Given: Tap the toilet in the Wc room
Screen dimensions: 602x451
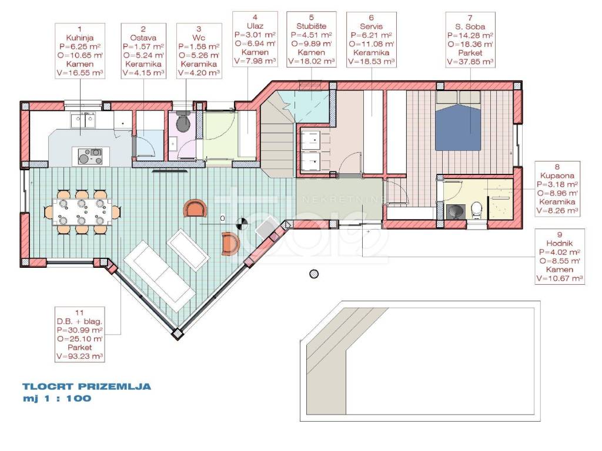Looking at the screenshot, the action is click(183, 122).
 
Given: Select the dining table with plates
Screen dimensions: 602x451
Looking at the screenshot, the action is click(82, 212).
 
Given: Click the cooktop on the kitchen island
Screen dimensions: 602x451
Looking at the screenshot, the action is click(90, 156).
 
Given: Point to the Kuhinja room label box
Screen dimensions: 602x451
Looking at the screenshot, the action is click(80, 51).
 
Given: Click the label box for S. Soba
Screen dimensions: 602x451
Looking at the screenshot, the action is click(470, 40).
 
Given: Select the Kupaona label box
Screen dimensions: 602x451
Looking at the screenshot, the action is click(557, 189).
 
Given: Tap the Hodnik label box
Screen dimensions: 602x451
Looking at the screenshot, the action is click(560, 257).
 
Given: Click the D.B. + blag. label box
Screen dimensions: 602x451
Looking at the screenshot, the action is click(80, 334).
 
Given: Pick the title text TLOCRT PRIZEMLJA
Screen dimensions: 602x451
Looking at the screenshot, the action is click(87, 386).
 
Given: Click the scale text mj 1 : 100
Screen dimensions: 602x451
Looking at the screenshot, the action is click(57, 399).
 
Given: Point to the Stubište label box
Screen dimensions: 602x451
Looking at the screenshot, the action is click(312, 39).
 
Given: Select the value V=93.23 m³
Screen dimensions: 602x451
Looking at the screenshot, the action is click(80, 356).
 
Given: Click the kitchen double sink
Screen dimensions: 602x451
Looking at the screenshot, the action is click(82, 121).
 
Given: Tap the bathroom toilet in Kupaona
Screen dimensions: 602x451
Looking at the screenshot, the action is click(476, 210).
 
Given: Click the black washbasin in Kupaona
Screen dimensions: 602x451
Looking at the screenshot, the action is click(456, 211).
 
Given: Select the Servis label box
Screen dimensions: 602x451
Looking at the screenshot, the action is click(372, 39).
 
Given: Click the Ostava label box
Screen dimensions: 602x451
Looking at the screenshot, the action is click(143, 51).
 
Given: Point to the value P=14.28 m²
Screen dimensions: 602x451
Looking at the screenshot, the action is click(470, 35).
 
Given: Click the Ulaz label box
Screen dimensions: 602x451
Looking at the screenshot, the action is click(255, 39).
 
